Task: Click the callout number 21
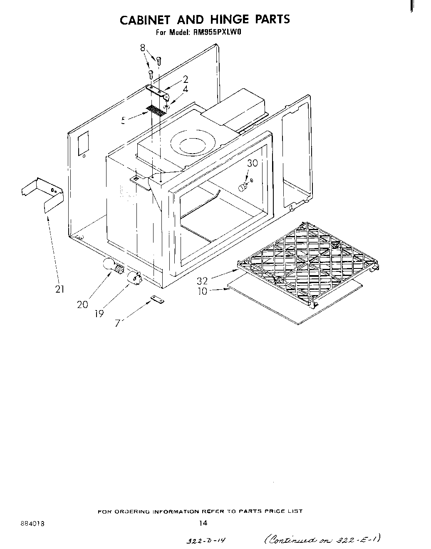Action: (x=59, y=289)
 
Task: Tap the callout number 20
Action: (x=82, y=305)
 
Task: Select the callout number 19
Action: (x=99, y=313)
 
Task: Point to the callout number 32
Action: (x=202, y=281)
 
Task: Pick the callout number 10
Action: (x=202, y=291)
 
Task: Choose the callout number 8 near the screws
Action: (x=143, y=48)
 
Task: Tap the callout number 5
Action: (x=124, y=121)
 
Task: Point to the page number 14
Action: (x=203, y=523)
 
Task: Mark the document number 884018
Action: (x=32, y=523)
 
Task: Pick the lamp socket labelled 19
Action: (x=134, y=277)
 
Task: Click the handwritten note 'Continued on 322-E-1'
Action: (x=321, y=539)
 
